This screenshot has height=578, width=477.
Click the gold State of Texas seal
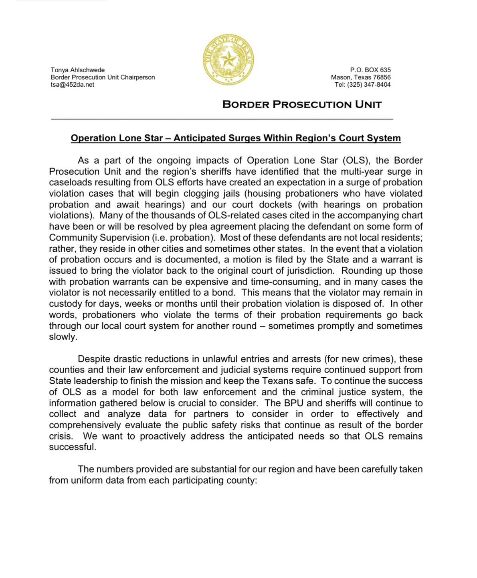point(228,60)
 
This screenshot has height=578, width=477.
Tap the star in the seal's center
point(229,60)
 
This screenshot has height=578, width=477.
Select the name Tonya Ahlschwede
point(78,70)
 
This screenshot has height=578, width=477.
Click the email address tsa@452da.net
point(73,84)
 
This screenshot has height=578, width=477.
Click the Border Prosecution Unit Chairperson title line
point(103,77)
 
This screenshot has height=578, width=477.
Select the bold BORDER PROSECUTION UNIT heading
point(302,104)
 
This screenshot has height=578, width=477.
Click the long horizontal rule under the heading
point(222,119)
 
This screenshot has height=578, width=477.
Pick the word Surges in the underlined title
point(245,138)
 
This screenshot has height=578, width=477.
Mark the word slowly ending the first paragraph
point(62,337)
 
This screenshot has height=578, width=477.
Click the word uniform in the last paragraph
point(87,480)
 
